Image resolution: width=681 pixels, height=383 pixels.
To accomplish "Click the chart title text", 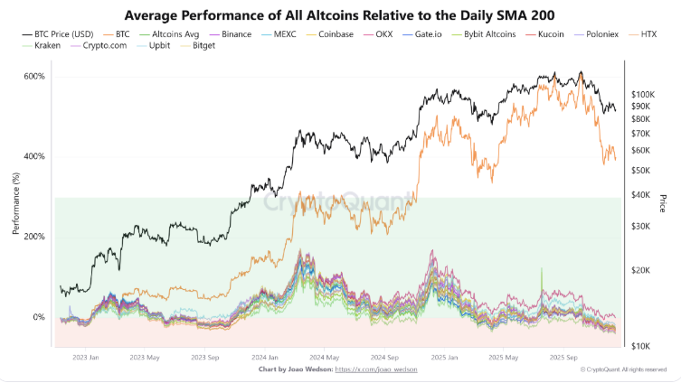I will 340,15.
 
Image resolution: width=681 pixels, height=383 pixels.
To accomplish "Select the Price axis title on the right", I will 663,203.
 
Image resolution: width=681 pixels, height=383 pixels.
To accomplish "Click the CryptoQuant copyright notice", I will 624,369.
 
